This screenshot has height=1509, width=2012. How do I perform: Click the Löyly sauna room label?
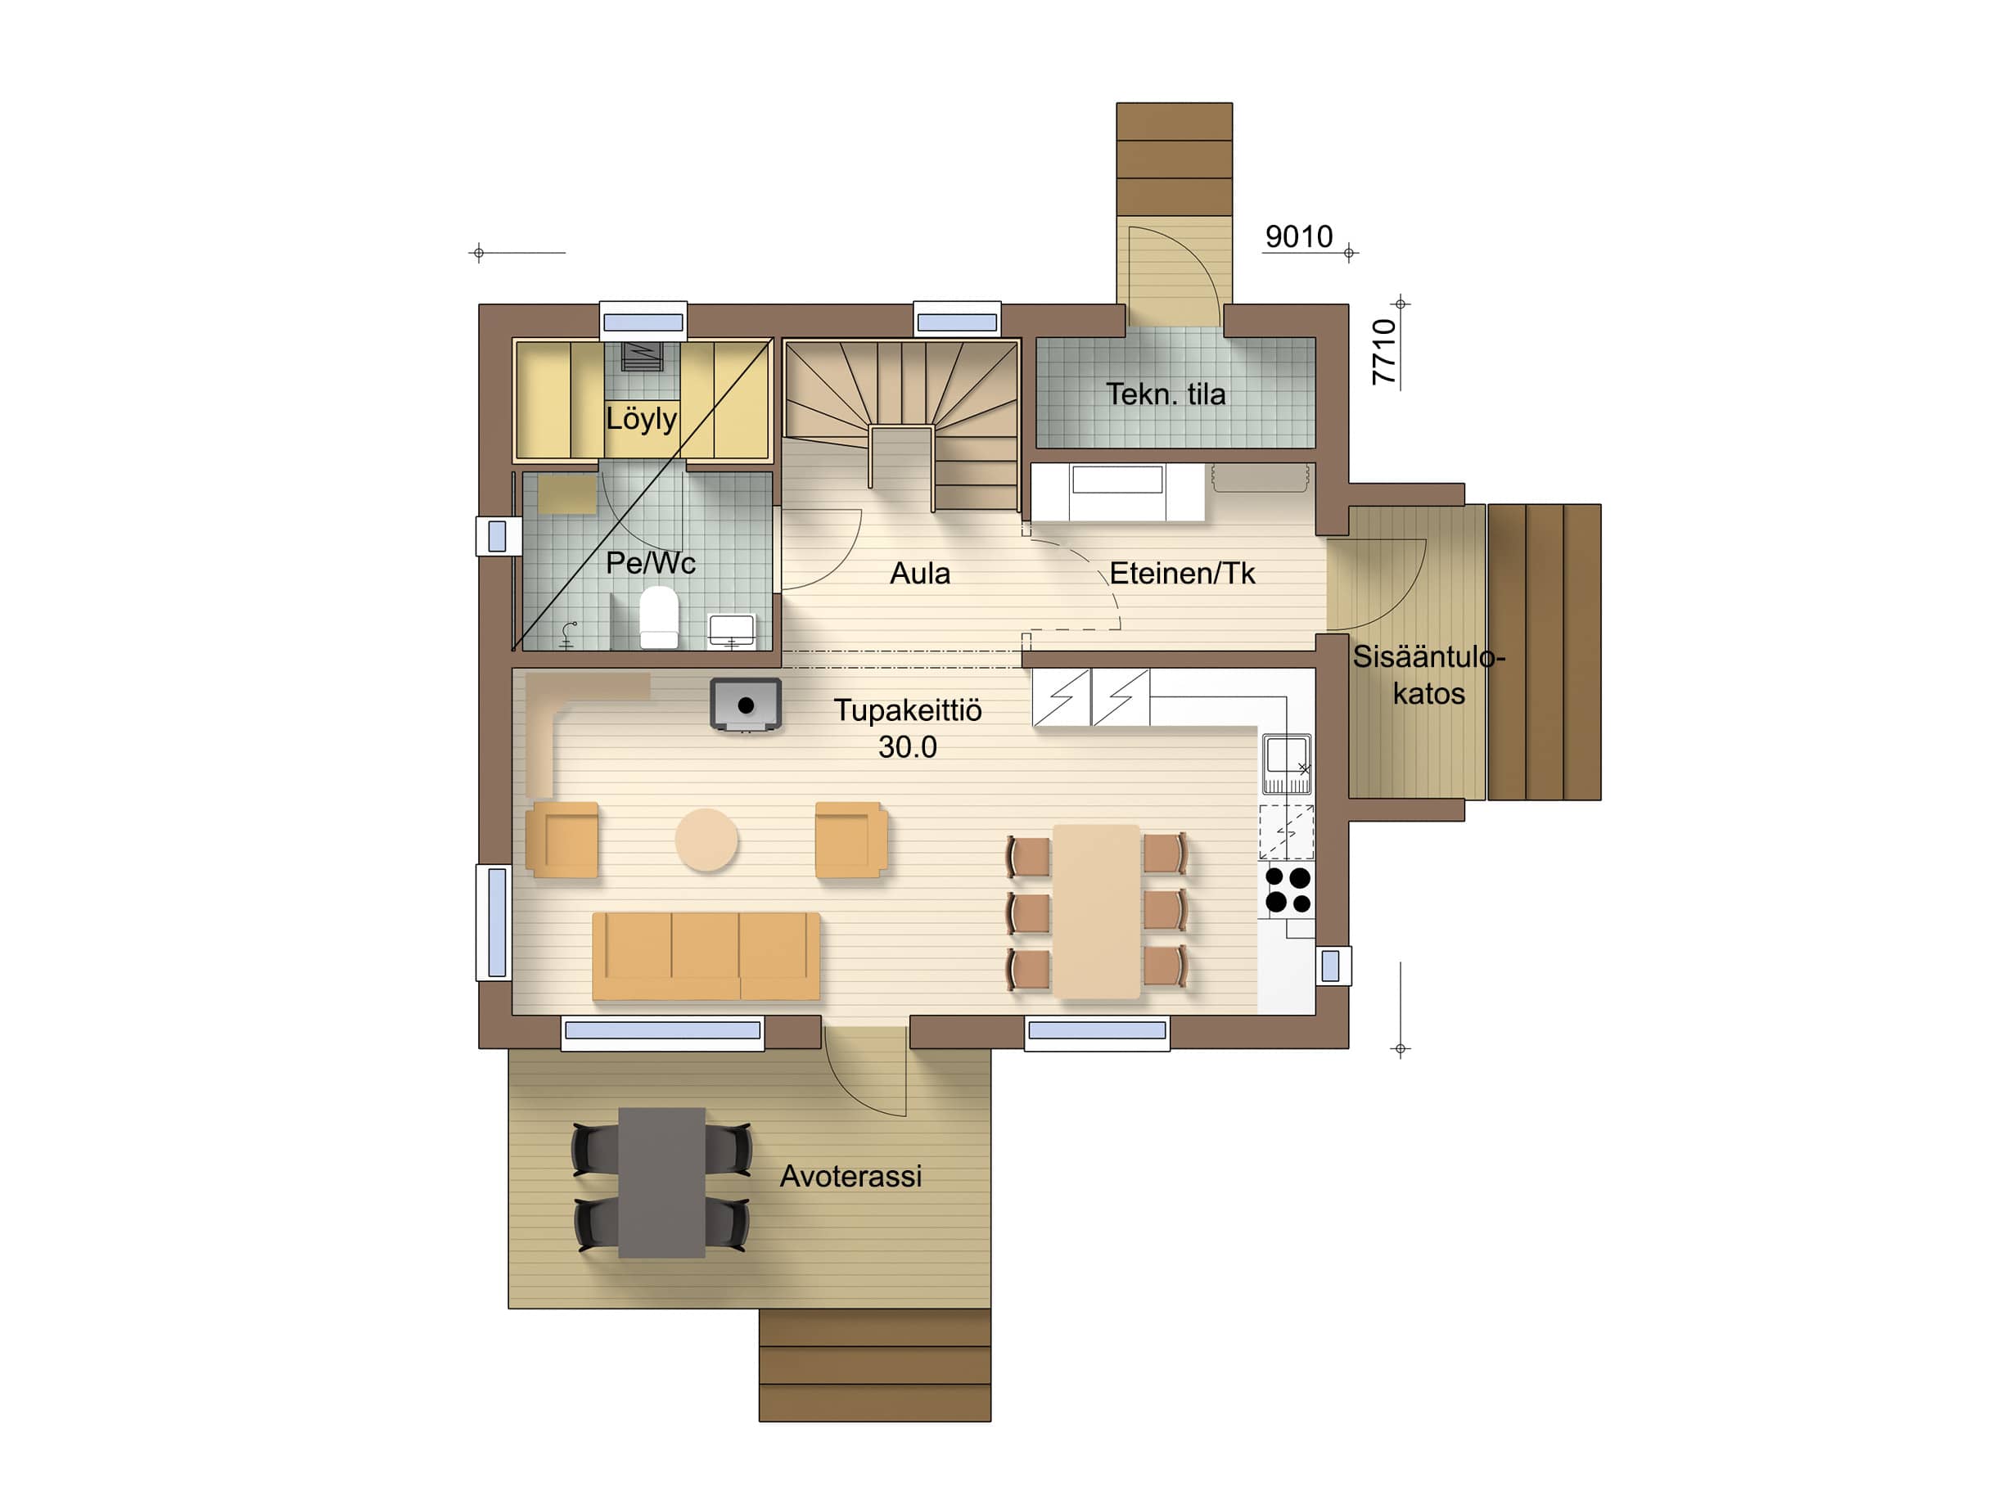pos(641,419)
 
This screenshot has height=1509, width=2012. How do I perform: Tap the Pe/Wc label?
pos(651,563)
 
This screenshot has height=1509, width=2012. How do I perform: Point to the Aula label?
pos(919,573)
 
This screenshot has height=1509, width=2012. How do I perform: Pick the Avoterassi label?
pos(850,1176)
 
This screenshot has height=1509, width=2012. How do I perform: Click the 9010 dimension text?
pos(1299,236)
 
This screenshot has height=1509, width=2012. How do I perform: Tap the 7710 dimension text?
pos(1383,352)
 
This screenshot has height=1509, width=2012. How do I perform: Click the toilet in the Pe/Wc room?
pos(659,617)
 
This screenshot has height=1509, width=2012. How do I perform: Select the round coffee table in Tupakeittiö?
pos(706,840)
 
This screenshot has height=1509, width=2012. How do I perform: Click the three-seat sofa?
pos(706,956)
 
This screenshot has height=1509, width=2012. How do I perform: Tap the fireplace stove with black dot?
pos(746,705)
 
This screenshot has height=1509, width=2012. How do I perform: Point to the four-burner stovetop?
pos(1288,890)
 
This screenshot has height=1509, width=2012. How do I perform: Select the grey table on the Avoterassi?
pos(661,1182)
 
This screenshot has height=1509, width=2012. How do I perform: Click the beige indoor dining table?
pos(1096,912)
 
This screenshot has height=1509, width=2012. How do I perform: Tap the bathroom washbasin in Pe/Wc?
pos(731,629)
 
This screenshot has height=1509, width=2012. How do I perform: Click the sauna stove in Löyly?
pos(641,356)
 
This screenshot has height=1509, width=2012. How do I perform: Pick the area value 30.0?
pos(907,747)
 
